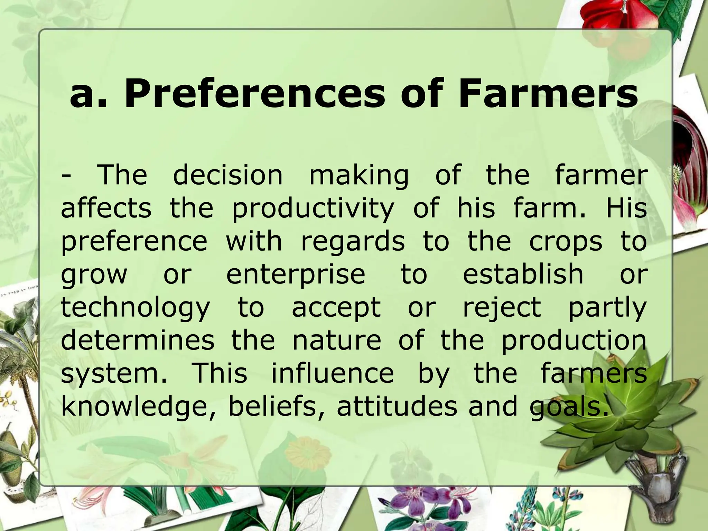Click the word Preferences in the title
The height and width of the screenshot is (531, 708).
tap(254, 94)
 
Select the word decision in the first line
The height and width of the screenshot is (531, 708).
tap(227, 175)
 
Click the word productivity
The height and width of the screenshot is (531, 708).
tap(313, 208)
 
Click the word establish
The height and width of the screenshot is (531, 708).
tap(523, 274)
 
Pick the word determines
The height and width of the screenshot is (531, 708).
tap(138, 341)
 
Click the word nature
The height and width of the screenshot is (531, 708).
tap(336, 341)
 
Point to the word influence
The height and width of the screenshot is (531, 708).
tap(332, 373)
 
